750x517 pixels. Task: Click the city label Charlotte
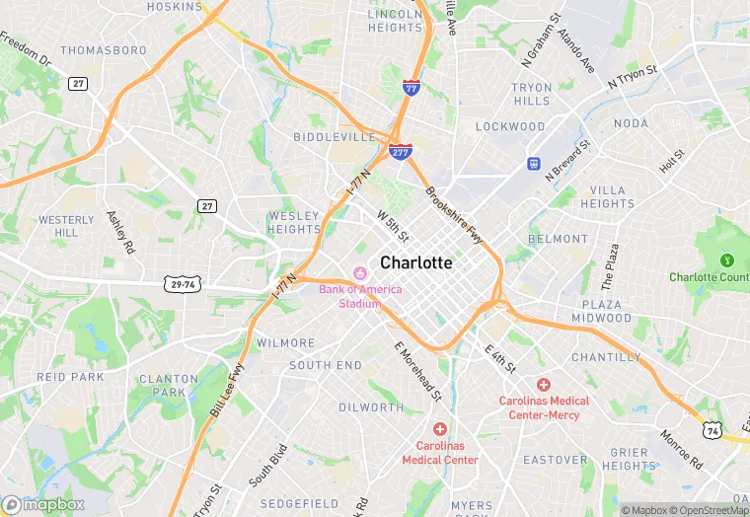pyautogui.click(x=416, y=262)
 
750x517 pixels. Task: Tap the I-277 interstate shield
pyautogui.click(x=400, y=151)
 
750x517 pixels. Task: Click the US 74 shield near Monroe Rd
pyautogui.click(x=712, y=430)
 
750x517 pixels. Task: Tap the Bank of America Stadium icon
pyautogui.click(x=359, y=273)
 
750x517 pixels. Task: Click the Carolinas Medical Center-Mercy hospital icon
pyautogui.click(x=543, y=384)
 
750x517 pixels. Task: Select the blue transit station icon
pyautogui.click(x=534, y=163)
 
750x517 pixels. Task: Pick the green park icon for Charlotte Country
pyautogui.click(x=727, y=260)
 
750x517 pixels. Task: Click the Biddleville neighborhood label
pyautogui.click(x=335, y=136)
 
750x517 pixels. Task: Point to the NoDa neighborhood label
pyautogui.click(x=631, y=122)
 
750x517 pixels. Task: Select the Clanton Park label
pyautogui.click(x=162, y=385)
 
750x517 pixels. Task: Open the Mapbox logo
pyautogui.click(x=43, y=504)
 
